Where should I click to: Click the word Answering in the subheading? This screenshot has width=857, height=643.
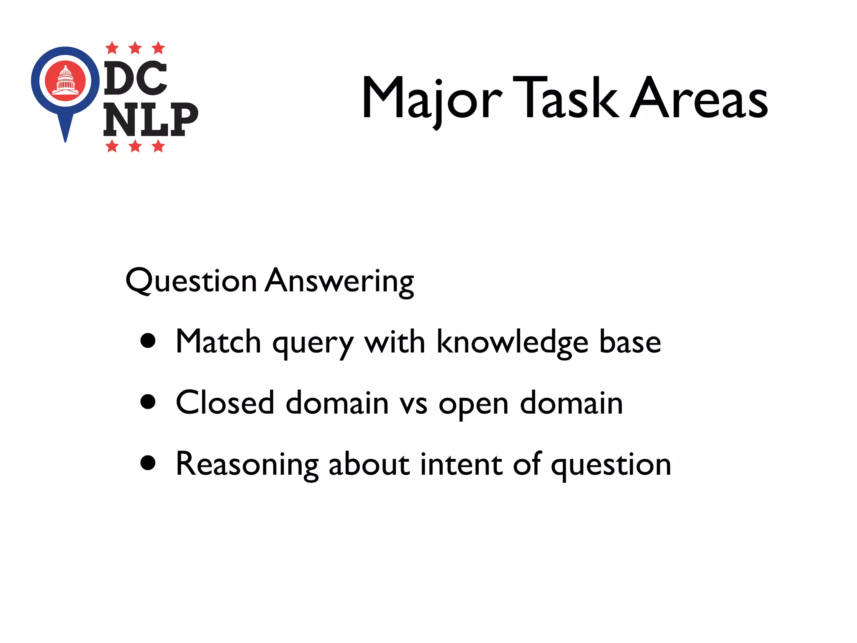click(340, 281)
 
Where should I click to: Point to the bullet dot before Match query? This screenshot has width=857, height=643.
click(148, 341)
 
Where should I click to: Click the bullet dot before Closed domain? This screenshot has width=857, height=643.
click(148, 402)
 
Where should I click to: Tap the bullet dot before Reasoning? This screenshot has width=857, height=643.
click(148, 463)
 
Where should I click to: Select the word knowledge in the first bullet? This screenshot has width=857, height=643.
click(513, 342)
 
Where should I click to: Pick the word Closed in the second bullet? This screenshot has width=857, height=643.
click(225, 403)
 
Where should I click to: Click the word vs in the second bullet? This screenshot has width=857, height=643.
click(413, 404)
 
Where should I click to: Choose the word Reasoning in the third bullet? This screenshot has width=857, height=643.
click(247, 465)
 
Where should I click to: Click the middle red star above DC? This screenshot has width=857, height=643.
click(135, 48)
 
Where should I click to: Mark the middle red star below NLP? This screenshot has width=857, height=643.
click(135, 146)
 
